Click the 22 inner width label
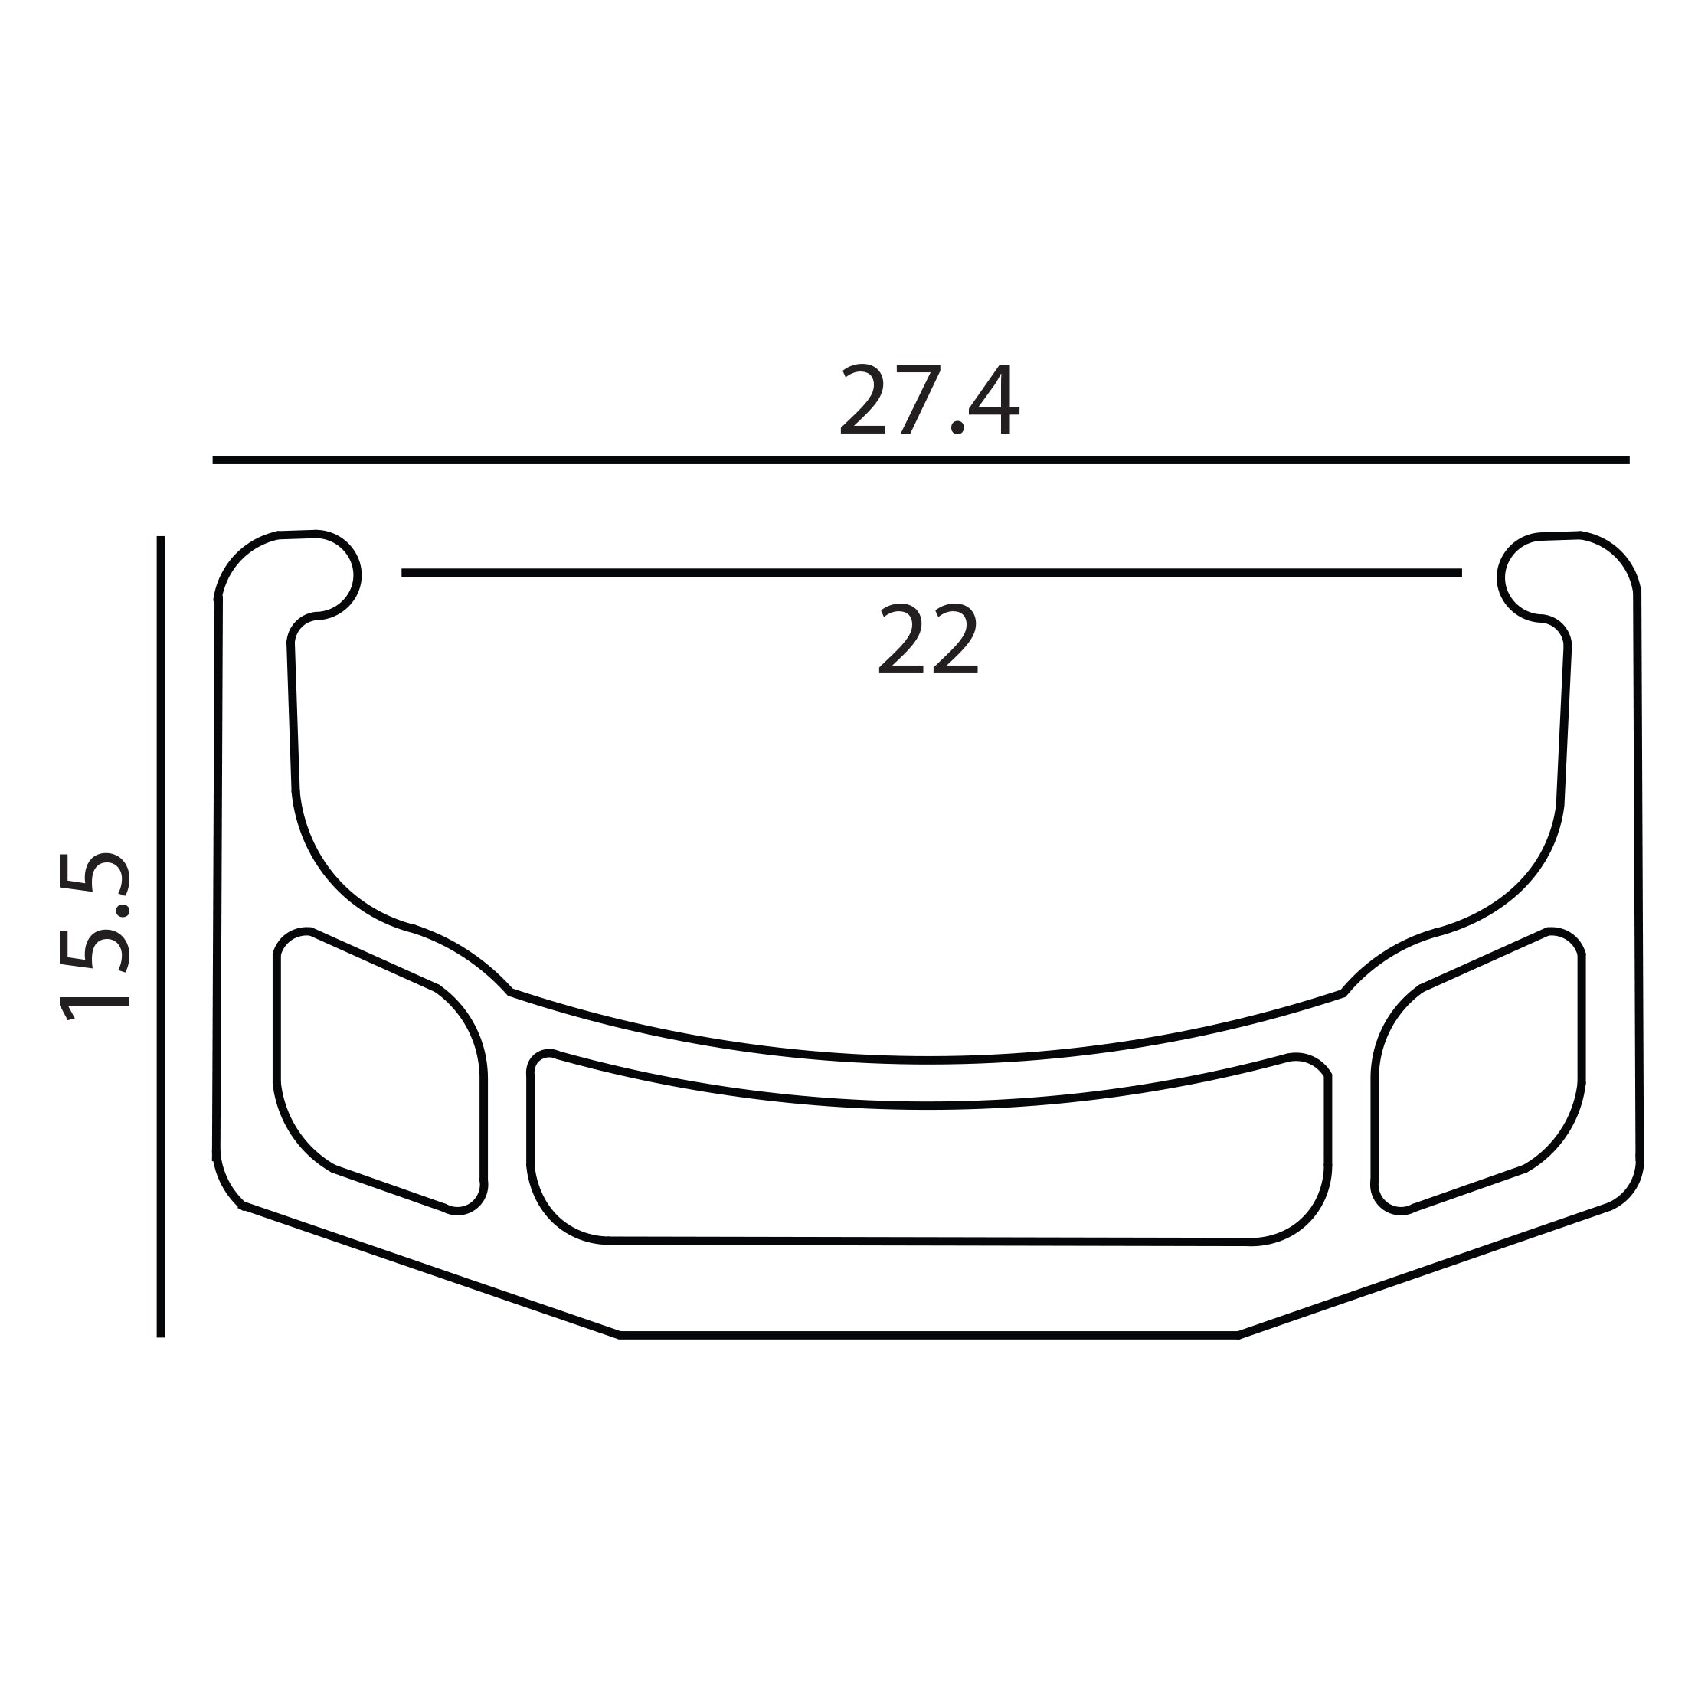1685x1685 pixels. point(928,640)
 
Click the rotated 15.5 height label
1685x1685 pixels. point(94,937)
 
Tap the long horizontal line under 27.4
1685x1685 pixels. point(921,460)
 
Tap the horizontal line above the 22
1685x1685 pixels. point(931,573)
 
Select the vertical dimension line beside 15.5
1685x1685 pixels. point(161,937)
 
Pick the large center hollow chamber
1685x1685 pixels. point(928,1173)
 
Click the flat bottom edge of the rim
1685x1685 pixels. point(928,1335)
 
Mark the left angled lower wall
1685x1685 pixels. point(432,1271)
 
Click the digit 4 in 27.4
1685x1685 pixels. point(993,400)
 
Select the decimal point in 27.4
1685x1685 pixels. point(957,427)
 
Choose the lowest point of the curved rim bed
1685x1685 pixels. point(928,1060)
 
